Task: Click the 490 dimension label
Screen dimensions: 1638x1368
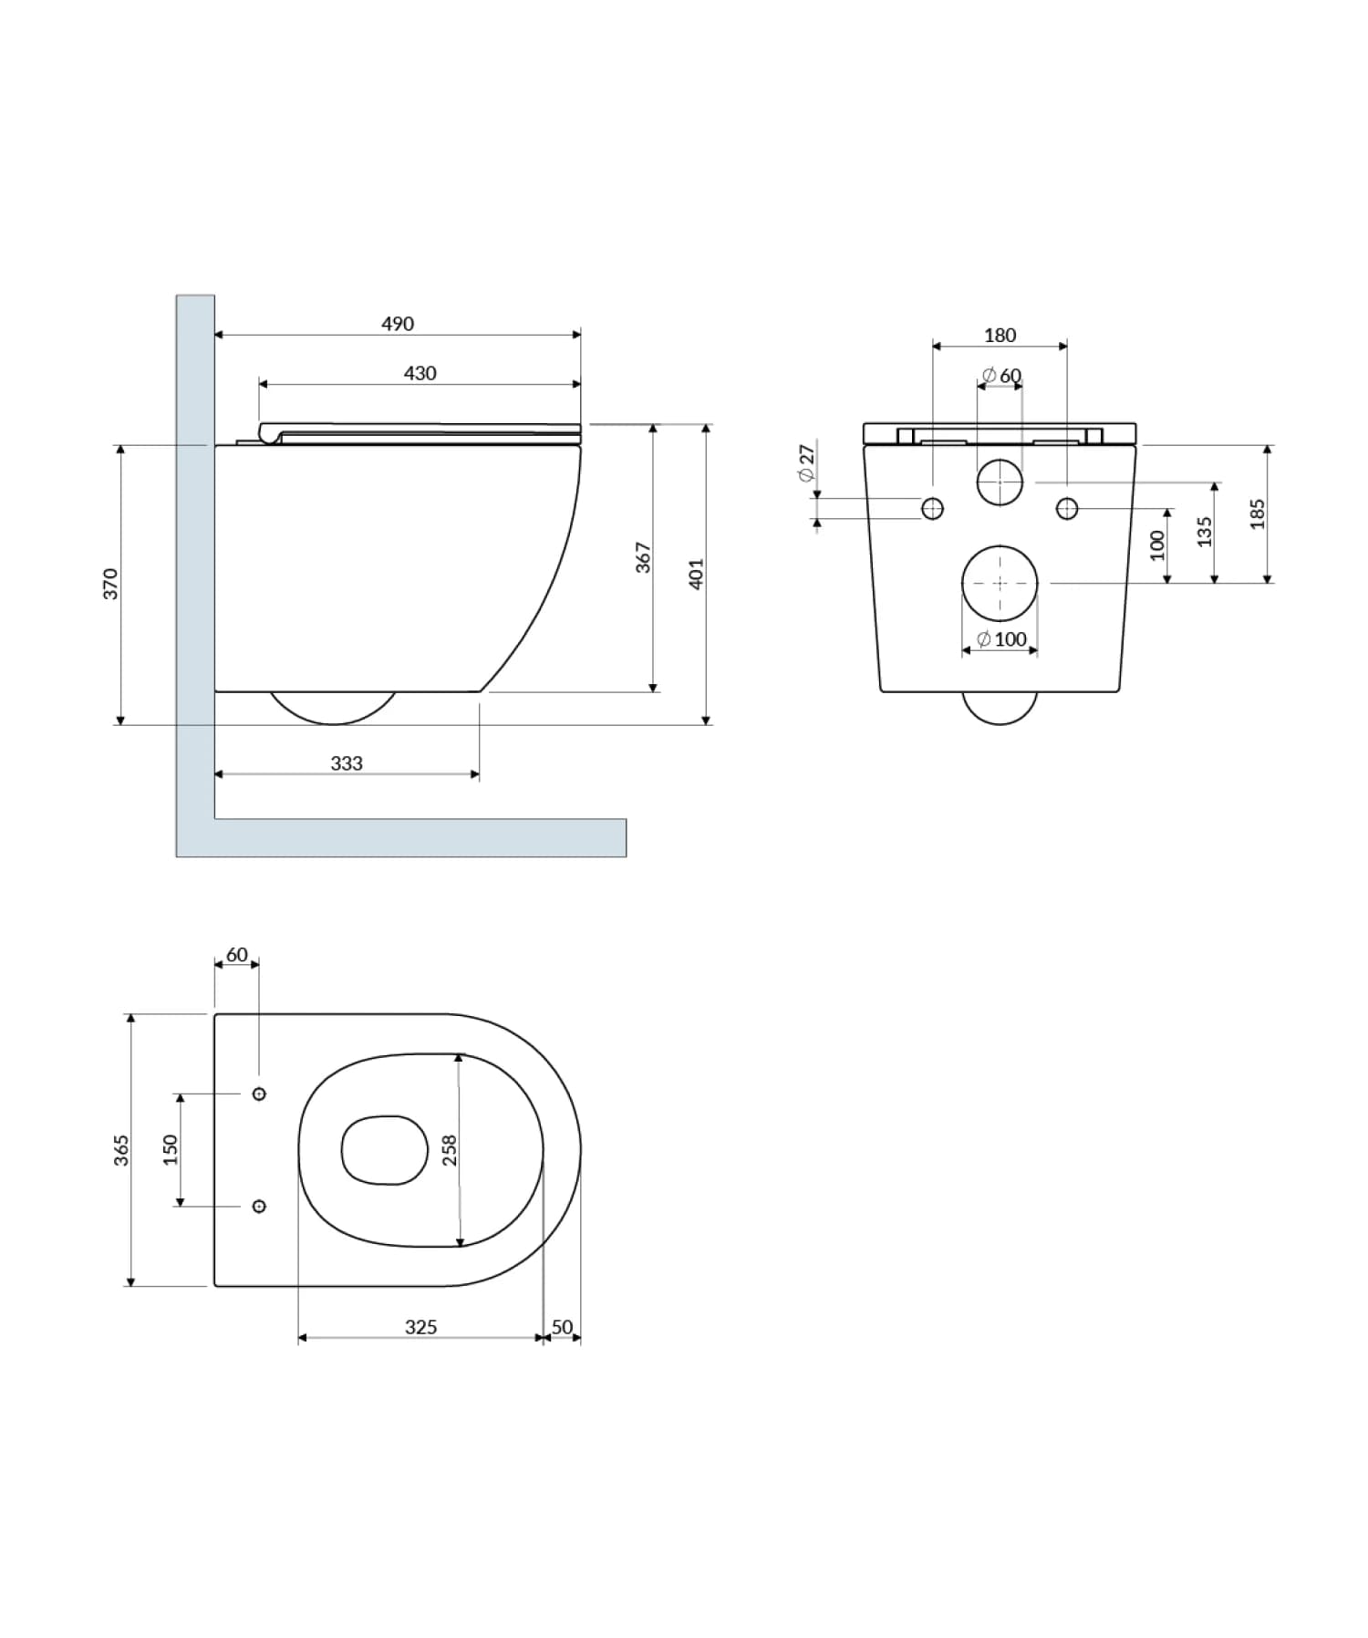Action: [x=398, y=324]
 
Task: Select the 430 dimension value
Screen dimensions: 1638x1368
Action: [x=420, y=373]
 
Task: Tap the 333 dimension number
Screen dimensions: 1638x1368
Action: [x=347, y=763]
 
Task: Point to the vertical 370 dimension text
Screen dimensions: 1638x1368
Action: [x=110, y=584]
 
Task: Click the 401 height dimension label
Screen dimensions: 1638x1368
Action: [x=696, y=575]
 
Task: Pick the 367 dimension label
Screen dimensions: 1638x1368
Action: [x=643, y=557]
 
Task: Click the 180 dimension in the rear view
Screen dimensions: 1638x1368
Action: [x=1000, y=336]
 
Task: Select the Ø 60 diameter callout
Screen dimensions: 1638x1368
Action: [x=1001, y=376]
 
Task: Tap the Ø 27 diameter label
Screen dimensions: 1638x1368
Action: [x=806, y=463]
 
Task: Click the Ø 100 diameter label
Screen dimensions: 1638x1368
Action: [x=1001, y=639]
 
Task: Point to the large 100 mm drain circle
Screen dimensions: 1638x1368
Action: [x=1000, y=583]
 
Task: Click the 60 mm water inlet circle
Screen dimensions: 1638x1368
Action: [x=1000, y=482]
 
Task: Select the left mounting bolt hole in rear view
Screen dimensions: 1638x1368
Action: [x=932, y=509]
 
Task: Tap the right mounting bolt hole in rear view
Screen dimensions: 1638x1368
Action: [x=1067, y=509]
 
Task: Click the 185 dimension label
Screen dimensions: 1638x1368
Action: [x=1258, y=513]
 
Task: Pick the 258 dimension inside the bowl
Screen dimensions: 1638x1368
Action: [x=449, y=1150]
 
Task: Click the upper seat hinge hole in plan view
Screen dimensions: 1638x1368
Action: [x=259, y=1094]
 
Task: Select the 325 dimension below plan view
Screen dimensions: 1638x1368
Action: [x=420, y=1327]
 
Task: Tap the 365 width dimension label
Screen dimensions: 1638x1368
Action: [x=121, y=1150]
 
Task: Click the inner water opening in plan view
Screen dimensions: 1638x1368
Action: [x=385, y=1150]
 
